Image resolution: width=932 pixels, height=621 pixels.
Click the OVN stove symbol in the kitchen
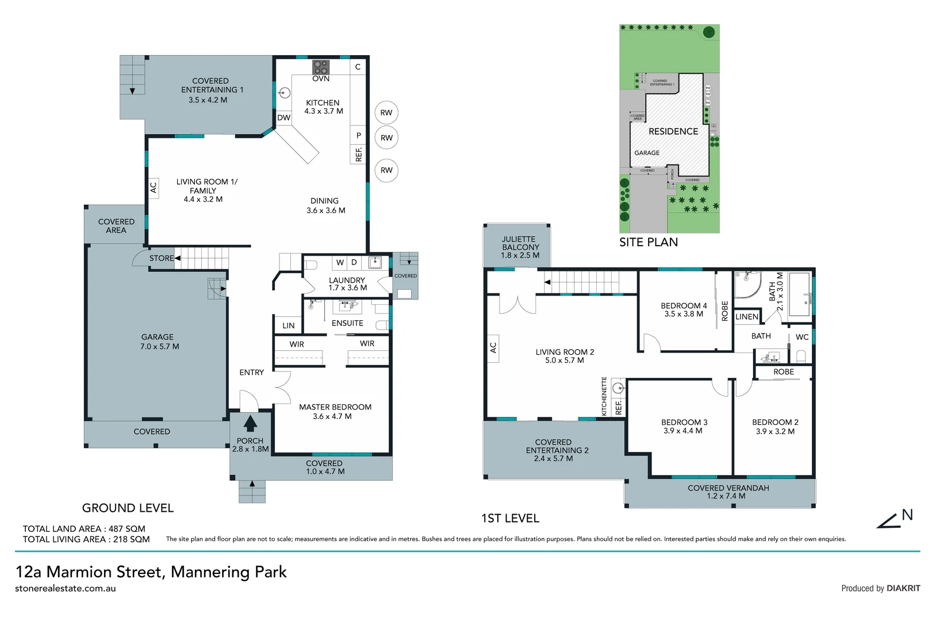coord(321,67)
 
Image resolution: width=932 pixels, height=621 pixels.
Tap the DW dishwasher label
coord(284,117)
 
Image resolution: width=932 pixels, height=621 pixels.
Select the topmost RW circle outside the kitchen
coord(386,113)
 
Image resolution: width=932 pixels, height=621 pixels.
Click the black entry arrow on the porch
coord(250,424)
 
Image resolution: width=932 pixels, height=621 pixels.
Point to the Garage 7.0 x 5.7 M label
coord(158,342)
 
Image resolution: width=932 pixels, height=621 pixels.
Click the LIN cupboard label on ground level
coord(289,325)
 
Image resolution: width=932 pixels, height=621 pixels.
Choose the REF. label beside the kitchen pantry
coord(359,154)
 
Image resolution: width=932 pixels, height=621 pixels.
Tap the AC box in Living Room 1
coord(154,187)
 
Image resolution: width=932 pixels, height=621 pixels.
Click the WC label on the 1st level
coord(802,337)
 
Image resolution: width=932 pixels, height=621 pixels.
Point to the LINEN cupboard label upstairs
coord(746,317)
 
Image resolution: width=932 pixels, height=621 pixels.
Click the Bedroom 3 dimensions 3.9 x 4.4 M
coord(682,431)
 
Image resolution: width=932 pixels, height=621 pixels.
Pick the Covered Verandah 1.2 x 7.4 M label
coord(728,492)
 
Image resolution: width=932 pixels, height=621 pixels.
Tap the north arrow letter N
coord(907,515)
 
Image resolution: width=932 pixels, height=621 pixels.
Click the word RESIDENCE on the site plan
coord(673,131)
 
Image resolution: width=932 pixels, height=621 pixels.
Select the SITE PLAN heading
coord(648,242)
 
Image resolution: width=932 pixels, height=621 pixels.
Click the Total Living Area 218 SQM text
coord(86,539)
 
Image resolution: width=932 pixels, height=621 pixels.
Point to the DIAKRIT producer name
coord(903,588)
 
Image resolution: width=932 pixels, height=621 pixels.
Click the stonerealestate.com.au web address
coord(66,588)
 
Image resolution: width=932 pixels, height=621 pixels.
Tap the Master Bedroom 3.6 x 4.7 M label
coord(335,412)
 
